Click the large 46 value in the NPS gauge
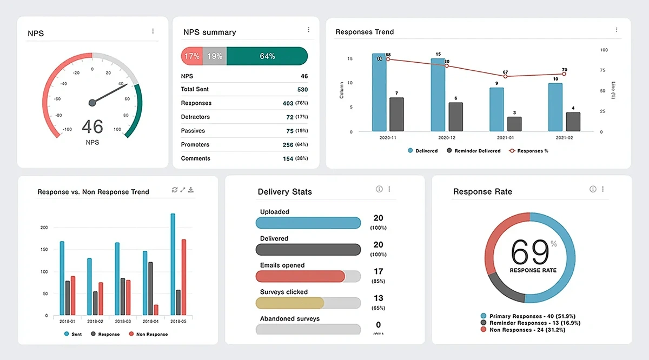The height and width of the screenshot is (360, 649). click(x=92, y=126)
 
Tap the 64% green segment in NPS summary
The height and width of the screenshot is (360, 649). click(x=267, y=56)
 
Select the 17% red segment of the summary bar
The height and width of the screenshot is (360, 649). click(x=191, y=56)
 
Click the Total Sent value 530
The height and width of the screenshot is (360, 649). click(x=302, y=90)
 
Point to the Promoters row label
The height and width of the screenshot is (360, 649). click(x=195, y=145)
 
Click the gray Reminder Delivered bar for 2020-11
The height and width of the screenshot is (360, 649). click(x=396, y=115)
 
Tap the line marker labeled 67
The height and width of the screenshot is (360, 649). click(x=505, y=77)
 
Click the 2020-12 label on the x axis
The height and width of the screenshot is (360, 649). click(x=446, y=138)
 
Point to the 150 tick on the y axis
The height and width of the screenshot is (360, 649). click(x=43, y=250)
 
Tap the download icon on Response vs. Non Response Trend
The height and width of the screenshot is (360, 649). click(x=191, y=190)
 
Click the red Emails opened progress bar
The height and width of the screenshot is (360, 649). click(x=300, y=276)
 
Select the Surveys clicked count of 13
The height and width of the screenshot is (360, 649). click(x=378, y=298)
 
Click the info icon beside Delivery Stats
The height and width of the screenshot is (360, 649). click(x=379, y=189)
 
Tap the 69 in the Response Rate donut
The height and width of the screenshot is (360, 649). click(x=527, y=252)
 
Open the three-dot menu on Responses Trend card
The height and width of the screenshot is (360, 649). click(x=616, y=30)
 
